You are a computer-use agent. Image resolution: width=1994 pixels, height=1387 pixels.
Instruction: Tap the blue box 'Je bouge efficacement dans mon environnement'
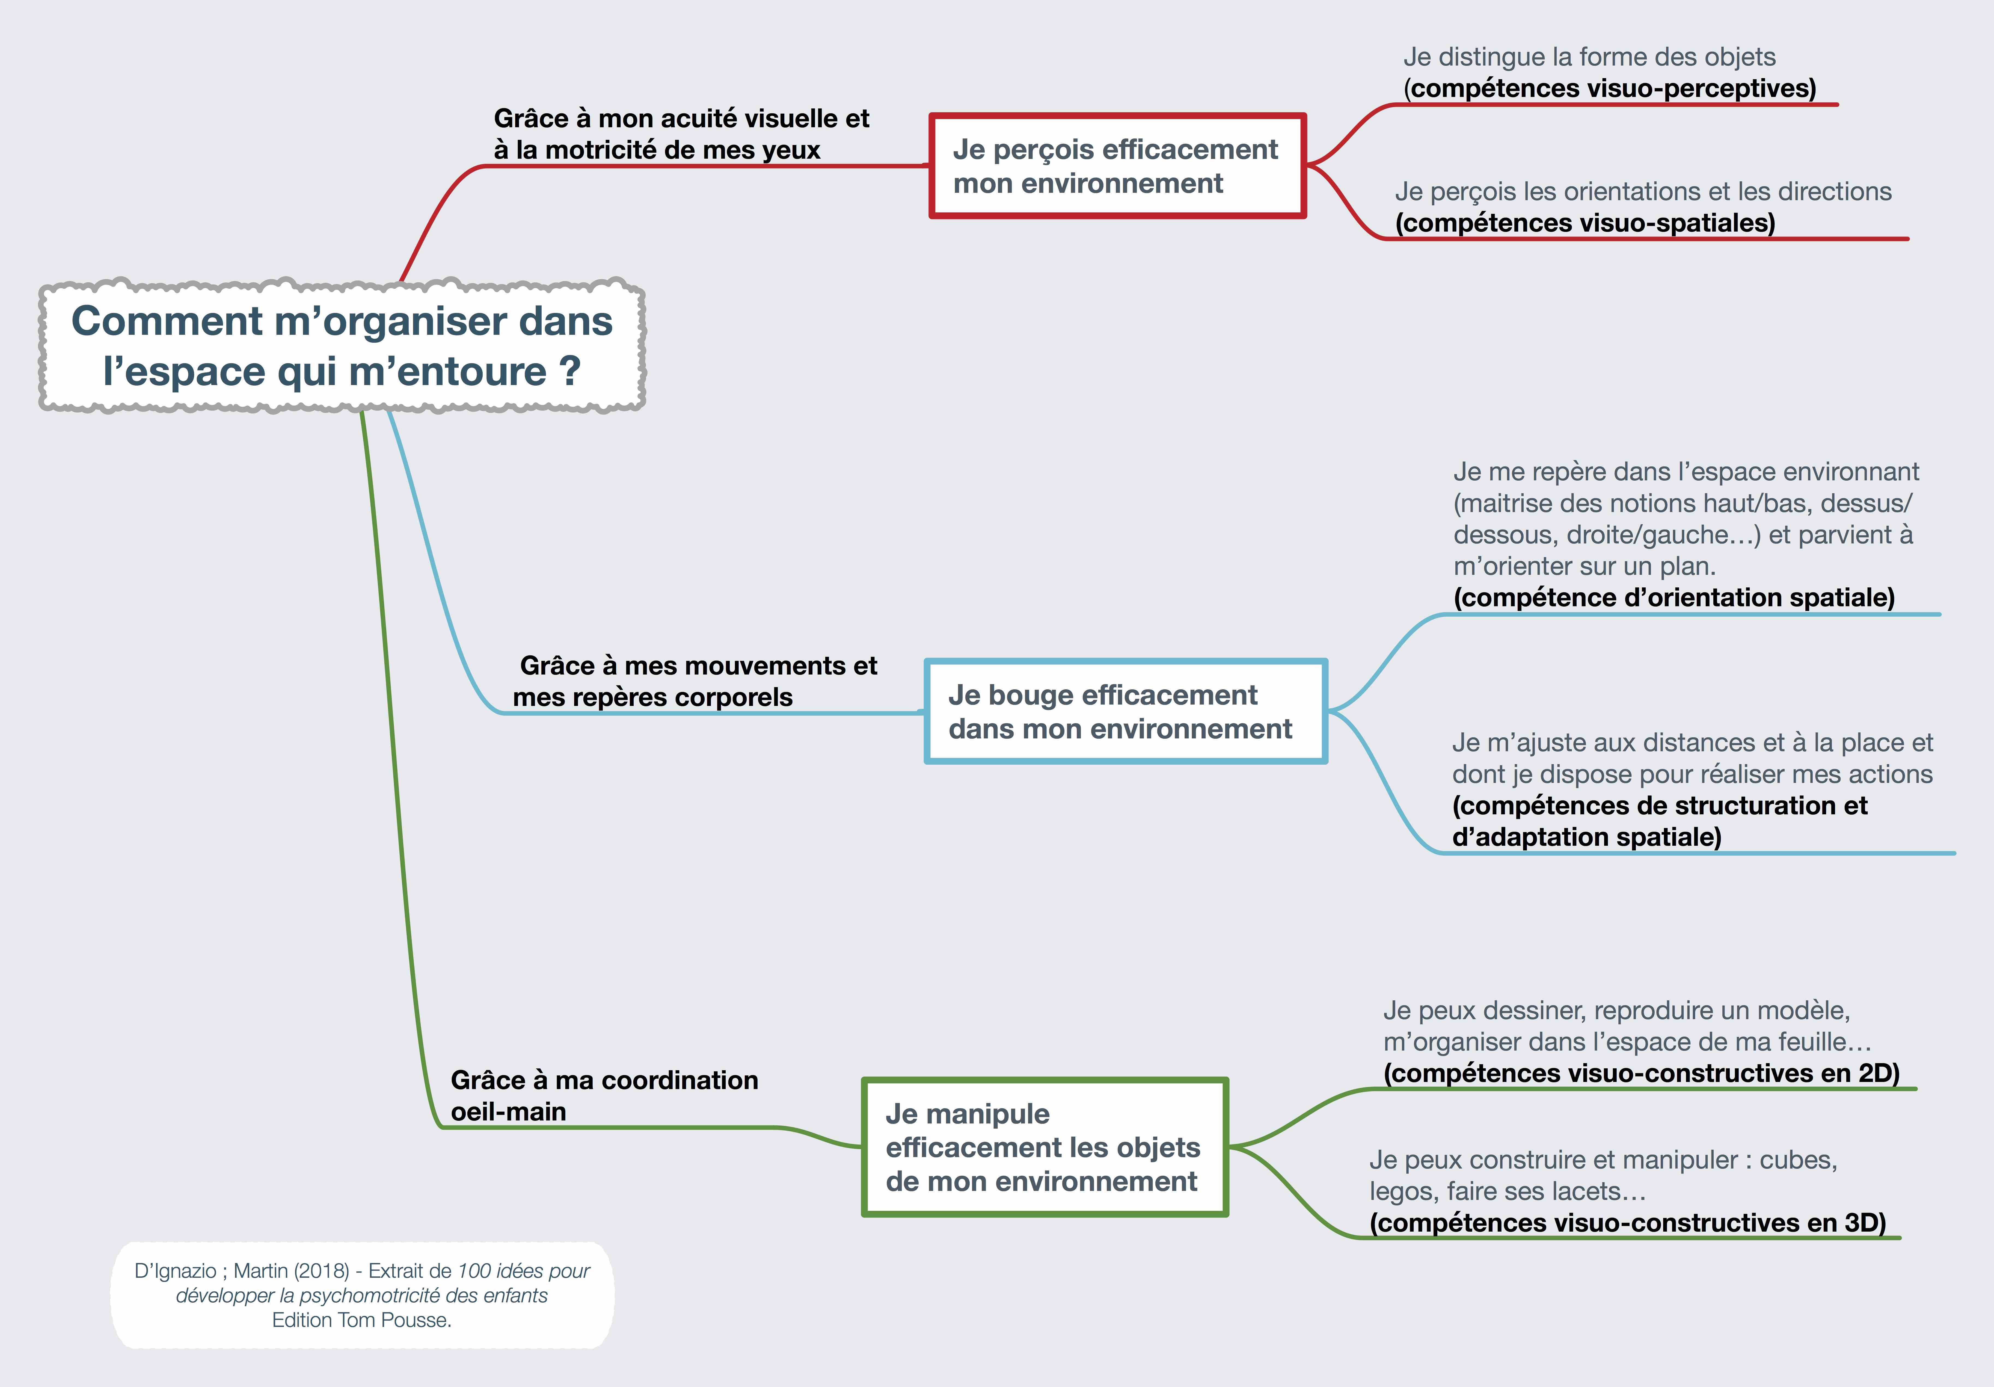[x=1126, y=711]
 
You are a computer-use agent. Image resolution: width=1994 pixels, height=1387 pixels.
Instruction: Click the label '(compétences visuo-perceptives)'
[x=1609, y=88]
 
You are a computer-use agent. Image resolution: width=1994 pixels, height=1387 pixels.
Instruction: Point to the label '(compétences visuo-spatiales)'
[x=1585, y=223]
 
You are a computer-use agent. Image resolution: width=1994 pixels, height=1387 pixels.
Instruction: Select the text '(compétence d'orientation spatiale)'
[x=1673, y=598]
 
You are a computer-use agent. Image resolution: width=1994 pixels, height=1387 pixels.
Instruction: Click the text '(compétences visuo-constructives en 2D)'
[x=1641, y=1073]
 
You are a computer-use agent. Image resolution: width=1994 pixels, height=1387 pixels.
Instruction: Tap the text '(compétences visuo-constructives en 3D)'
[x=1628, y=1223]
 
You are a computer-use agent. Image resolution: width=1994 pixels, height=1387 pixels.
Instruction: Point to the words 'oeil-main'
[x=508, y=1112]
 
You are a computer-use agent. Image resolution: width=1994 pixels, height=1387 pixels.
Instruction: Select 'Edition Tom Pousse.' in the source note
[x=361, y=1320]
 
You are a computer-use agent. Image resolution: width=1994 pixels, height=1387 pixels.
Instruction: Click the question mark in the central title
[x=569, y=371]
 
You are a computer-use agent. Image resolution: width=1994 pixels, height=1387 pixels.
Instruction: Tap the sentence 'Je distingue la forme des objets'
[x=1589, y=57]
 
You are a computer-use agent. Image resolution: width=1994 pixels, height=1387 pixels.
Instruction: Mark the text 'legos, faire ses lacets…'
[x=1508, y=1191]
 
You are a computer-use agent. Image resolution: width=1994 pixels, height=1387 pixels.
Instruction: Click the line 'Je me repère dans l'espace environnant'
[x=1686, y=472]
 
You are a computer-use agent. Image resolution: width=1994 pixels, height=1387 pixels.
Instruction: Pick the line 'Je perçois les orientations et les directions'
[x=1643, y=192]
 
